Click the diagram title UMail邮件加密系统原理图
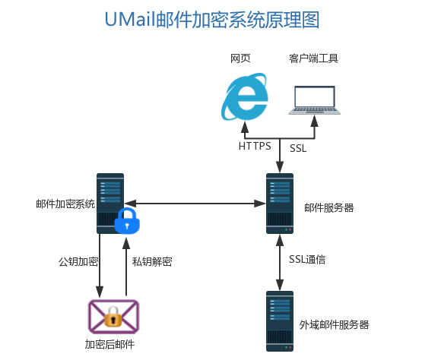[x=212, y=20]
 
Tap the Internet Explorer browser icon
[x=245, y=96]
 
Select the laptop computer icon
[x=314, y=100]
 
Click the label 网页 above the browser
[x=240, y=58]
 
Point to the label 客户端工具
[x=313, y=58]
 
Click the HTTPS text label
[x=255, y=146]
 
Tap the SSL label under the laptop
[x=298, y=148]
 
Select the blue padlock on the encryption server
[x=127, y=220]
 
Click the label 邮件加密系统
[x=65, y=204]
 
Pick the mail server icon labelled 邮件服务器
[x=280, y=204]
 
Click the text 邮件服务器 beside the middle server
[x=329, y=208]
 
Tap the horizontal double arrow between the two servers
[x=195, y=204]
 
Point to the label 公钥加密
[x=78, y=261]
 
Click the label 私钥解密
[x=152, y=261]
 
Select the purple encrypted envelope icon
[x=113, y=317]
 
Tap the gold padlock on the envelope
[x=113, y=317]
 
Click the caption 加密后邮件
[x=109, y=344]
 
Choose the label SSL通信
[x=307, y=260]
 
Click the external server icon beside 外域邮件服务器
[x=280, y=321]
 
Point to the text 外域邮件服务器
[x=334, y=325]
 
